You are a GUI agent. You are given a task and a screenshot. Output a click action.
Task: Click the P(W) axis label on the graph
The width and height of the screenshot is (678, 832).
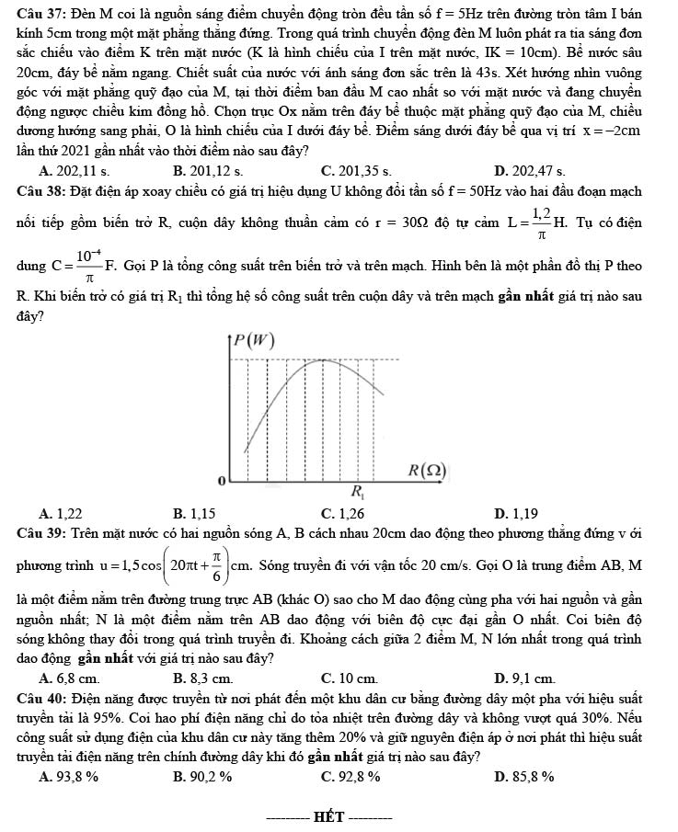(253, 341)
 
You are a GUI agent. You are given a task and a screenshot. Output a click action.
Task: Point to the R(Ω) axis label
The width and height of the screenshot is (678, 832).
(428, 470)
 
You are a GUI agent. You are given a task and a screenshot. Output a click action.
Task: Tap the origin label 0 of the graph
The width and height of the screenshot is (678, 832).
(220, 481)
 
